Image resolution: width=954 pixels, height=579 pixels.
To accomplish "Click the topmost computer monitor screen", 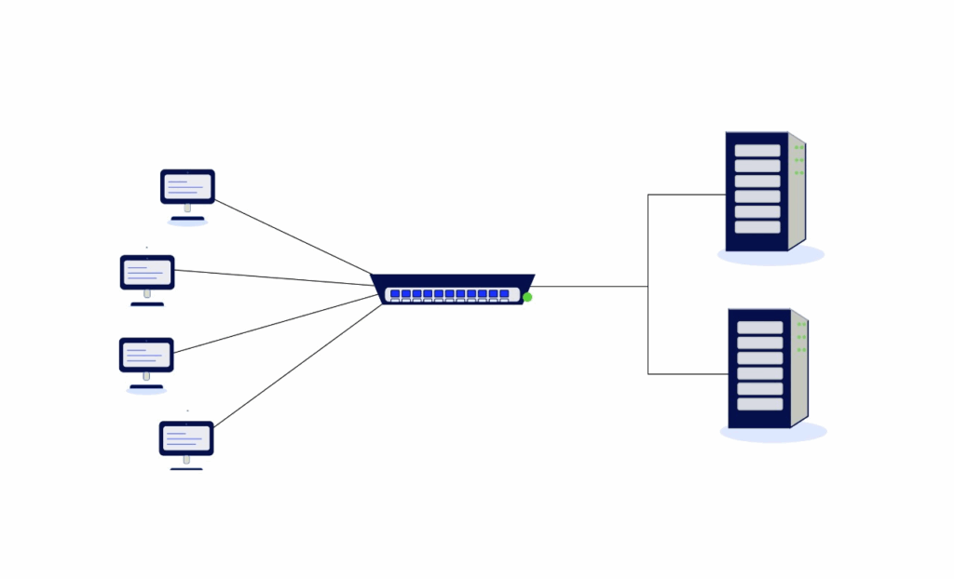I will [x=187, y=186].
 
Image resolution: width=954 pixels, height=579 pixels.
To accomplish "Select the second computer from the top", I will [x=147, y=273].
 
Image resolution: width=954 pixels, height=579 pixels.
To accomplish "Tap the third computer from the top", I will [x=146, y=355].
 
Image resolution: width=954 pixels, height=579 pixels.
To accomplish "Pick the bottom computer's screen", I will [x=186, y=438].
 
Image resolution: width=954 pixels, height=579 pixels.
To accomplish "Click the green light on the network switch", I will [x=527, y=297].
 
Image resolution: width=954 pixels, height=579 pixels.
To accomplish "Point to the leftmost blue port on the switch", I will [x=395, y=294].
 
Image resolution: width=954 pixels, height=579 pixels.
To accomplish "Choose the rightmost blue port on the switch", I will [x=504, y=294].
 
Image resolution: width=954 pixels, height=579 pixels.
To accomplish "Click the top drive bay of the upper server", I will [x=756, y=151].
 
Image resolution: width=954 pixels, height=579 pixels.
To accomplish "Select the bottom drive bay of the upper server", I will [x=756, y=227].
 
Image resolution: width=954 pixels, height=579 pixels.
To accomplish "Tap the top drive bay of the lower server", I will [x=759, y=328].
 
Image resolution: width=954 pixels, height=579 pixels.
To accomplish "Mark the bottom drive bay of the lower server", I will [x=759, y=404].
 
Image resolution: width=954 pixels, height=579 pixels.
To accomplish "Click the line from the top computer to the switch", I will [x=293, y=236].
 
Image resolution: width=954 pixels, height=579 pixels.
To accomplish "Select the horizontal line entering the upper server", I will [x=687, y=195].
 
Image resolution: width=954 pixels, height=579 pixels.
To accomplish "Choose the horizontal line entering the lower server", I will [x=688, y=373].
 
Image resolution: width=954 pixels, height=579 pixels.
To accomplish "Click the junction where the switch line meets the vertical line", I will [x=648, y=286].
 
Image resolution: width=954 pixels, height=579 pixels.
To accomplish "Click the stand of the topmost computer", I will [x=187, y=209].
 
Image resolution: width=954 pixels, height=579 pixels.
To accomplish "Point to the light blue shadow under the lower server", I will [x=773, y=433].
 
